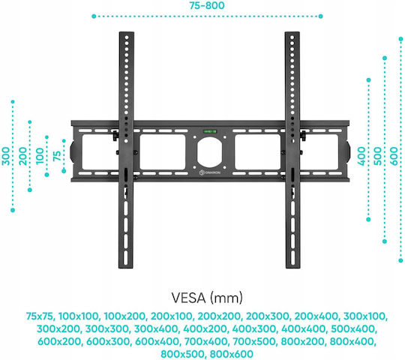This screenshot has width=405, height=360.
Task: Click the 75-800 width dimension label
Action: click(207, 5)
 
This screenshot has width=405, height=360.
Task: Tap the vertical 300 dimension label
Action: click(6, 156)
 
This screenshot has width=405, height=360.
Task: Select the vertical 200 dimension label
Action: click(23, 156)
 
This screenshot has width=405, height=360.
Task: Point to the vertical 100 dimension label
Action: click(40, 156)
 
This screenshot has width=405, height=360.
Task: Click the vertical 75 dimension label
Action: click(57, 156)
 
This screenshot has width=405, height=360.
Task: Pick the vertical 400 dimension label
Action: click(361, 156)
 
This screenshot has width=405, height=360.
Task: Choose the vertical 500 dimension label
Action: click(377, 156)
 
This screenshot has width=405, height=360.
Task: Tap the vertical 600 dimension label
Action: click(394, 156)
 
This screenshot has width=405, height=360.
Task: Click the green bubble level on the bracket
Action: click(211, 131)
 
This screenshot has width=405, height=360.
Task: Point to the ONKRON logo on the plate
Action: click(210, 172)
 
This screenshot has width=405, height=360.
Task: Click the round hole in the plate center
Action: click(209, 152)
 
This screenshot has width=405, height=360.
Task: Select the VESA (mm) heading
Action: click(207, 298)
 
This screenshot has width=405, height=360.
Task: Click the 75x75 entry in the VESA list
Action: click(40, 316)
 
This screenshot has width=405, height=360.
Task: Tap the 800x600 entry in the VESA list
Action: click(232, 354)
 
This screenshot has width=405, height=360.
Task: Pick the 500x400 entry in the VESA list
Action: click(352, 328)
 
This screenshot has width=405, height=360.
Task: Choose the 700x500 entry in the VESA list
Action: click(254, 341)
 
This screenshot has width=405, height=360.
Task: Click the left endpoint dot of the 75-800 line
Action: click(94, 16)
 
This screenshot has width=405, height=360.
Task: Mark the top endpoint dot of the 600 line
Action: click(400, 39)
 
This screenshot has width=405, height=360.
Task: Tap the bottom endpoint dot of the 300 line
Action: click(13, 210)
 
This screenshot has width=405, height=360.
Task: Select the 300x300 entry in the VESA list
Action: click(107, 328)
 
